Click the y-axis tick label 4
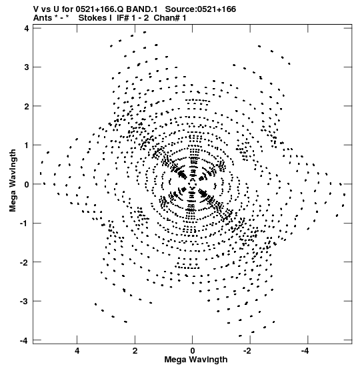click(27, 28)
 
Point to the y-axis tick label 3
click(27, 67)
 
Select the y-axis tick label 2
click(27, 106)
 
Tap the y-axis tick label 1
click(27, 145)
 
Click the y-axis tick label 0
click(27, 184)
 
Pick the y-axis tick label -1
click(25, 223)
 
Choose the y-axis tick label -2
click(25, 262)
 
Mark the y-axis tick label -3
click(25, 301)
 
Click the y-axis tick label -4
click(25, 340)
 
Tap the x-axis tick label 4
click(77, 351)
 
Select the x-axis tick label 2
click(135, 351)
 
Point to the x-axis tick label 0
click(193, 351)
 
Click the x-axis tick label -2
click(248, 351)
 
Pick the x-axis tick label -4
click(306, 351)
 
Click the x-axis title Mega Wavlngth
click(196, 360)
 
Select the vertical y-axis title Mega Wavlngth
click(13, 180)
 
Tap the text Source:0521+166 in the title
click(201, 9)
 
